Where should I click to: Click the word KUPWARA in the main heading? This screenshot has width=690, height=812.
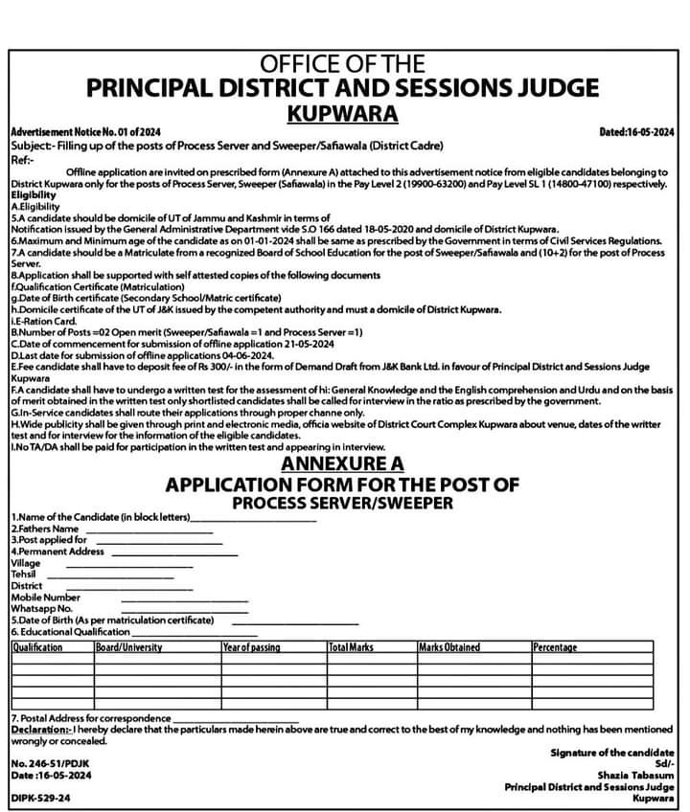[343, 114]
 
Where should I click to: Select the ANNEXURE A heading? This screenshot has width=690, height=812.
[343, 463]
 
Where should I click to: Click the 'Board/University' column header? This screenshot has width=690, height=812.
[128, 647]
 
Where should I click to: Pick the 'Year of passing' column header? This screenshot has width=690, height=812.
[252, 647]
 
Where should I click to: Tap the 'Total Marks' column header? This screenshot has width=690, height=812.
[351, 647]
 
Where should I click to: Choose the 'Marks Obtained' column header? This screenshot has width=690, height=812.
[449, 647]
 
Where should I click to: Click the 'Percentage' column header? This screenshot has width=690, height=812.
[555, 647]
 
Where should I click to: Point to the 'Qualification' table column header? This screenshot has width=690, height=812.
[37, 647]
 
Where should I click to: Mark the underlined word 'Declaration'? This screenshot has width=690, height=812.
[39, 729]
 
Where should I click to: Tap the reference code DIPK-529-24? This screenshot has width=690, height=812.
[40, 798]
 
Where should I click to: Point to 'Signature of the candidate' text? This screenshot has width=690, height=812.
[611, 752]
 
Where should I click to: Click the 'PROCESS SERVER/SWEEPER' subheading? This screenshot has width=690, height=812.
[343, 503]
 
